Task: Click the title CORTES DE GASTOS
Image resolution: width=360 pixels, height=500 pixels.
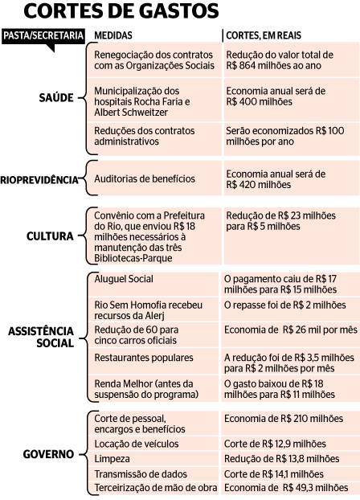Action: coord(121,10)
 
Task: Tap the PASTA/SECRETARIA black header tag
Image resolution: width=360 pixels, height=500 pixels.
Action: coord(43,36)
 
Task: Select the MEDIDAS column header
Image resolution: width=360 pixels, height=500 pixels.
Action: coord(113,35)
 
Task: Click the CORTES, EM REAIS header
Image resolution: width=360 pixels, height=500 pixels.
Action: coord(264,35)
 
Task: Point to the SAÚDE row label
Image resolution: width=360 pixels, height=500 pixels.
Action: coord(56,97)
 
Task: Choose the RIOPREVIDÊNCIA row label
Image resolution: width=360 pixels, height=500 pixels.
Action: coord(39,180)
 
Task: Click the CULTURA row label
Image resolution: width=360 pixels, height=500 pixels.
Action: coord(50,236)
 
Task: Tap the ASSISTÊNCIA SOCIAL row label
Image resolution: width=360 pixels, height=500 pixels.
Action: coord(41,337)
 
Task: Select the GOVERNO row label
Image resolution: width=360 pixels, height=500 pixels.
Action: coord(48,454)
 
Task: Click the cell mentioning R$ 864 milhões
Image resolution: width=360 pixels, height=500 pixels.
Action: coord(292,60)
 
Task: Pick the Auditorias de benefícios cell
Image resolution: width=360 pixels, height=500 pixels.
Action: coord(154,178)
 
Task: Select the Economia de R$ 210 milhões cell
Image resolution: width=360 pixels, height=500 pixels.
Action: coord(290,424)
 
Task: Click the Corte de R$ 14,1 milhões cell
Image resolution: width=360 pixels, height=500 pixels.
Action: coord(290,473)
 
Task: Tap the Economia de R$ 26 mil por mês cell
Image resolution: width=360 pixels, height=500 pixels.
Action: coord(290,335)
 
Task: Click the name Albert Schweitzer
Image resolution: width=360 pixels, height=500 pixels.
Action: coord(131,113)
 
